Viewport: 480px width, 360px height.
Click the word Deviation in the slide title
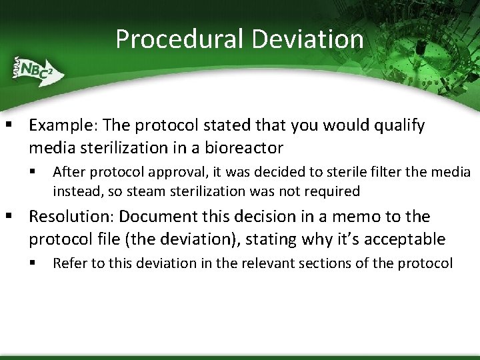[308, 39]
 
